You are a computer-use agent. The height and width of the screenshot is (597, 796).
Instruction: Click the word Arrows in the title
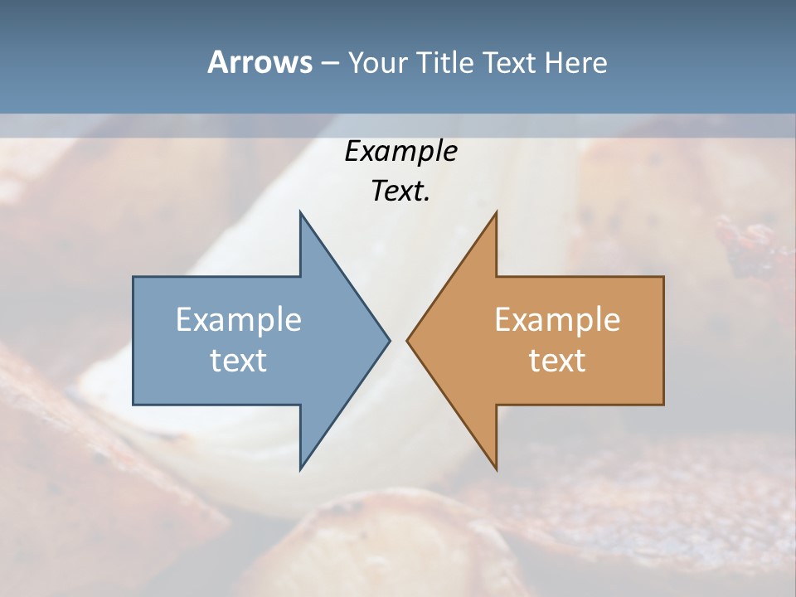pyautogui.click(x=260, y=62)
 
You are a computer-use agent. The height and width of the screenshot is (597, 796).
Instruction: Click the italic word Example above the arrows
pyautogui.click(x=400, y=151)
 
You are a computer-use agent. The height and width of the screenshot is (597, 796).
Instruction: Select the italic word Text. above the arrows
pyautogui.click(x=400, y=191)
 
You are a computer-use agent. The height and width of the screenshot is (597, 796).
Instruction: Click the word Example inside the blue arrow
pyautogui.click(x=239, y=319)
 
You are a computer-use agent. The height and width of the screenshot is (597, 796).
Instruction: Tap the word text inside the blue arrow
pyautogui.click(x=239, y=360)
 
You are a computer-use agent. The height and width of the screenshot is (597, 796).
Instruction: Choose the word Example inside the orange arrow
pyautogui.click(x=557, y=319)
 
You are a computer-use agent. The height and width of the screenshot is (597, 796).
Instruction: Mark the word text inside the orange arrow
pyautogui.click(x=557, y=360)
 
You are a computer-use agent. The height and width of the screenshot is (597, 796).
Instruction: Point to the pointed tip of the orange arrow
pyautogui.click(x=408, y=340)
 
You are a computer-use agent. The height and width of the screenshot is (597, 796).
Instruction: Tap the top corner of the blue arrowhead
pyautogui.click(x=301, y=213)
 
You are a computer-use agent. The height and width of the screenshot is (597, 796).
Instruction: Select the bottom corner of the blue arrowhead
pyautogui.click(x=301, y=468)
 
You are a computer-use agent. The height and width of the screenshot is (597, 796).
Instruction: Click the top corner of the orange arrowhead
pyautogui.click(x=496, y=213)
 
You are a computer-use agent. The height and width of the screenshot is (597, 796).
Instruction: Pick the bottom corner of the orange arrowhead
pyautogui.click(x=496, y=468)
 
